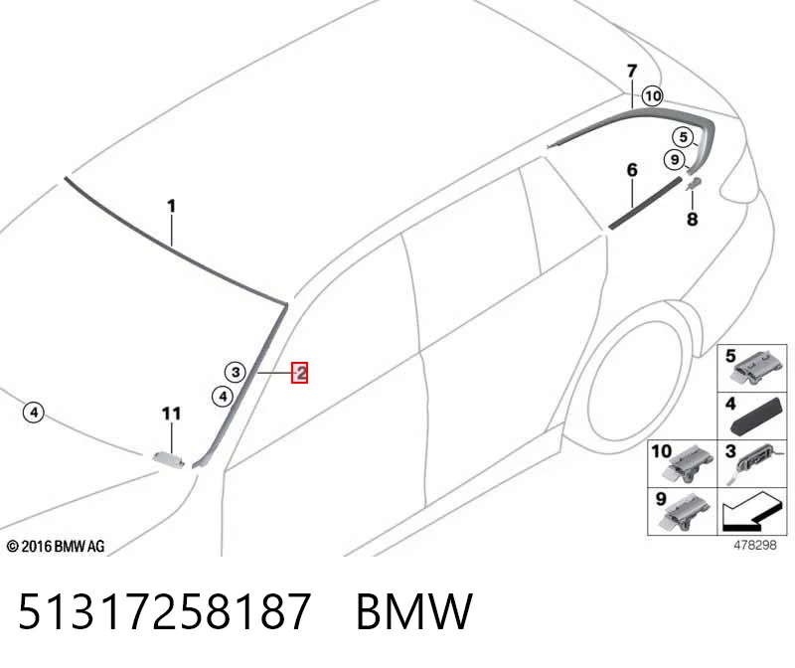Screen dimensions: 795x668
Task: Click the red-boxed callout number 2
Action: point(300,374)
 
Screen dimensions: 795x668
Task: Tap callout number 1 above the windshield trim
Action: point(171,207)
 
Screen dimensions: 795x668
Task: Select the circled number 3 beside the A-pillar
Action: point(236,373)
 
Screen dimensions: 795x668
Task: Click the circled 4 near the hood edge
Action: point(34,412)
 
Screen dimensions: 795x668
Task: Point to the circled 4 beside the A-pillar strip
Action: point(223,397)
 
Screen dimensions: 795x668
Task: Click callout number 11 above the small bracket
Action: point(171,414)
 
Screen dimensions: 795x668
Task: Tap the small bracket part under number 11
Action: point(169,458)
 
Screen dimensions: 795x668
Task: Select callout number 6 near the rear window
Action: point(632,170)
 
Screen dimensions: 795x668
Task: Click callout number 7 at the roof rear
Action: point(632,71)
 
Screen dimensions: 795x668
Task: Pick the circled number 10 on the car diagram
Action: point(653,95)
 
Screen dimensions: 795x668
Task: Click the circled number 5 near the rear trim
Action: point(684,137)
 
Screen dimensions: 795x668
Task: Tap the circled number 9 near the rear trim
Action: point(675,160)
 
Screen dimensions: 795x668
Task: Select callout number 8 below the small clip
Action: point(692,219)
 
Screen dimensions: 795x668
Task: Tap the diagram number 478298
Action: point(755,545)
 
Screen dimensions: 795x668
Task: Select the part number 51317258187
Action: point(164,611)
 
